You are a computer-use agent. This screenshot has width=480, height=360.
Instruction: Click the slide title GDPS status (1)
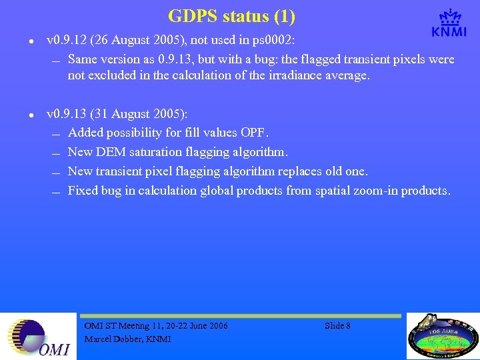click(231, 15)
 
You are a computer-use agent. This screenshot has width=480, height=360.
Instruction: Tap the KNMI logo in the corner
click(449, 23)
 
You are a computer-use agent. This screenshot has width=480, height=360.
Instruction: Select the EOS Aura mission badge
click(442, 337)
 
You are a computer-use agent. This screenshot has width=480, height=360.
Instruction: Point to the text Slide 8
click(337, 325)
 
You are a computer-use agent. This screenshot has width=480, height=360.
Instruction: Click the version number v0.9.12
click(68, 40)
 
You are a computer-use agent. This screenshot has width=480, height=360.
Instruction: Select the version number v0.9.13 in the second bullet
click(68, 114)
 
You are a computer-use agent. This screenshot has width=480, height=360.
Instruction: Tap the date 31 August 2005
click(141, 114)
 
